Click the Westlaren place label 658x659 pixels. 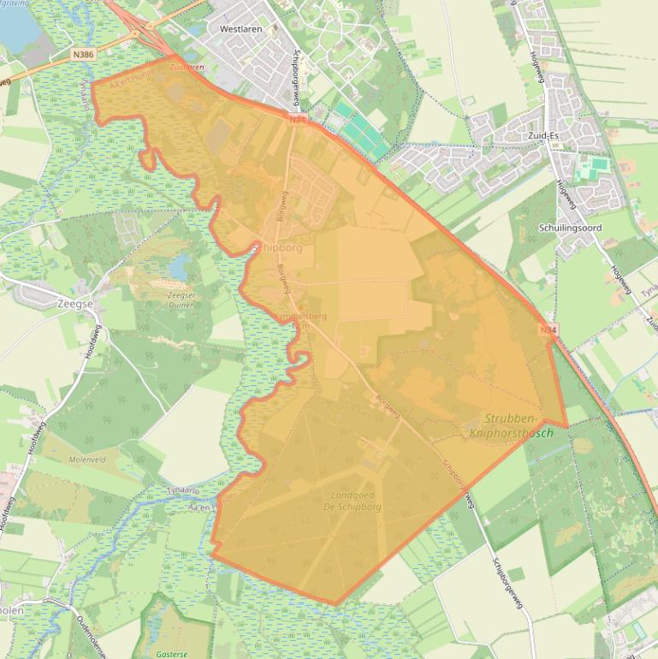click(x=240, y=28)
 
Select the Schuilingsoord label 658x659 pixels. click(x=571, y=229)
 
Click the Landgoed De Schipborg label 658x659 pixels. click(x=355, y=501)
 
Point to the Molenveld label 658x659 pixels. click(x=85, y=459)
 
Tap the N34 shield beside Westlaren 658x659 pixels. click(x=297, y=120)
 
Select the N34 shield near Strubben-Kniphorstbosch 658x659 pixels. click(x=548, y=329)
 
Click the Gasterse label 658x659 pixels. click(x=171, y=653)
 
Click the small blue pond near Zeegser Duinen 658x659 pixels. click(x=179, y=269)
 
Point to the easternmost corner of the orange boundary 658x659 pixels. click(x=567, y=426)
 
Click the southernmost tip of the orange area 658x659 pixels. click(x=336, y=604)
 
